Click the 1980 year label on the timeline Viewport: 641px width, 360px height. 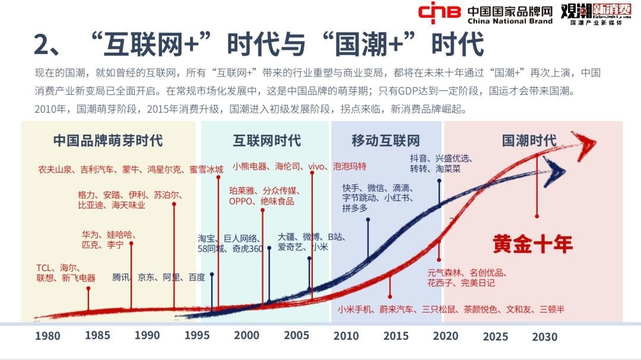pyautogui.click(x=47, y=336)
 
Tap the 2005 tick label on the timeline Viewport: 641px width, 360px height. pyautogui.click(x=296, y=335)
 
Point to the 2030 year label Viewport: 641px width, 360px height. pyautogui.click(x=544, y=337)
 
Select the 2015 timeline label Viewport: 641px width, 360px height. pyautogui.click(x=396, y=336)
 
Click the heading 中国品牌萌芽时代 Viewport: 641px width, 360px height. pyautogui.click(x=108, y=141)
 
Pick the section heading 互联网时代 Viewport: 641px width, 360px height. pyautogui.click(x=266, y=141)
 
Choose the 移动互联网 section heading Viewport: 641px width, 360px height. pyautogui.click(x=385, y=141)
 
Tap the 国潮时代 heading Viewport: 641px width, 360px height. pyautogui.click(x=529, y=141)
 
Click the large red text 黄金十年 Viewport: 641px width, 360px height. pyautogui.click(x=532, y=244)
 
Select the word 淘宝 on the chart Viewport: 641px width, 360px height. pyautogui.click(x=207, y=238)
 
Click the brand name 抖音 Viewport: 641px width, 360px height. pyautogui.click(x=418, y=158)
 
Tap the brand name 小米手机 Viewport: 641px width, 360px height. pyautogui.click(x=354, y=309)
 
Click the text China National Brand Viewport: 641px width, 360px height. pyautogui.click(x=510, y=21)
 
